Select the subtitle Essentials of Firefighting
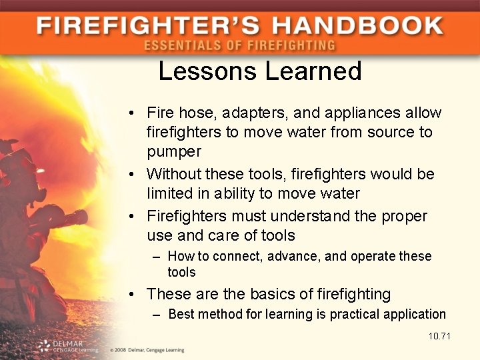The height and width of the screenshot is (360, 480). click(239, 46)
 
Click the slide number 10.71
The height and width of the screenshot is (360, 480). click(439, 335)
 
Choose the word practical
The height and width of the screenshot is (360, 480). click(356, 314)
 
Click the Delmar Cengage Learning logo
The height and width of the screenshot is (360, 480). click(67, 346)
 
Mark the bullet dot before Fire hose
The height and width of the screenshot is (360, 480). click(135, 114)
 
